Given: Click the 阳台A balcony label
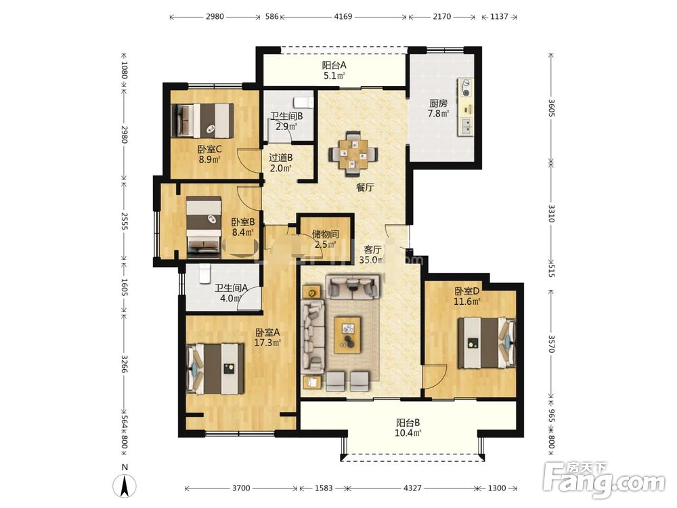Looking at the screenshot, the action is pos(334,66).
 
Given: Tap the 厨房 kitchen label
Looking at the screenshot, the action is pos(438,104).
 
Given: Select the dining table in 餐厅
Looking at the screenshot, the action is pos(353,154).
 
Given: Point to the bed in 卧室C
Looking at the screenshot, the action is pos(203,121).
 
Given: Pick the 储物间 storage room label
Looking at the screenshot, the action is pos(325,234).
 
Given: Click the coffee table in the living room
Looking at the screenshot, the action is pos(347,335).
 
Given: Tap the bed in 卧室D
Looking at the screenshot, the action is pos(487,343).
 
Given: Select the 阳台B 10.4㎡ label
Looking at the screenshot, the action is pos(408,427).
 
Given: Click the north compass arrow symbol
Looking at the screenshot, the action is pos(125,486).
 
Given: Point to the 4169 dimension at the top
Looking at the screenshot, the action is pos(343,16).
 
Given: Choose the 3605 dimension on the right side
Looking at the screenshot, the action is pos(551,108).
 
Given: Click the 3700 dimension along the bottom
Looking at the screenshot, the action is pos(241,488).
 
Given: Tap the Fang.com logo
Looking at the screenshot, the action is pos(604,478).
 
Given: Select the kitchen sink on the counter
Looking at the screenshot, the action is pos(466,126).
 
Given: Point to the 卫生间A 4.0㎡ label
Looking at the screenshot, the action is pos(231,293).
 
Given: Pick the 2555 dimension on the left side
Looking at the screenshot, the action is pos(124,220).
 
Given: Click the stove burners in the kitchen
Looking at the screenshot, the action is pos(466,87).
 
